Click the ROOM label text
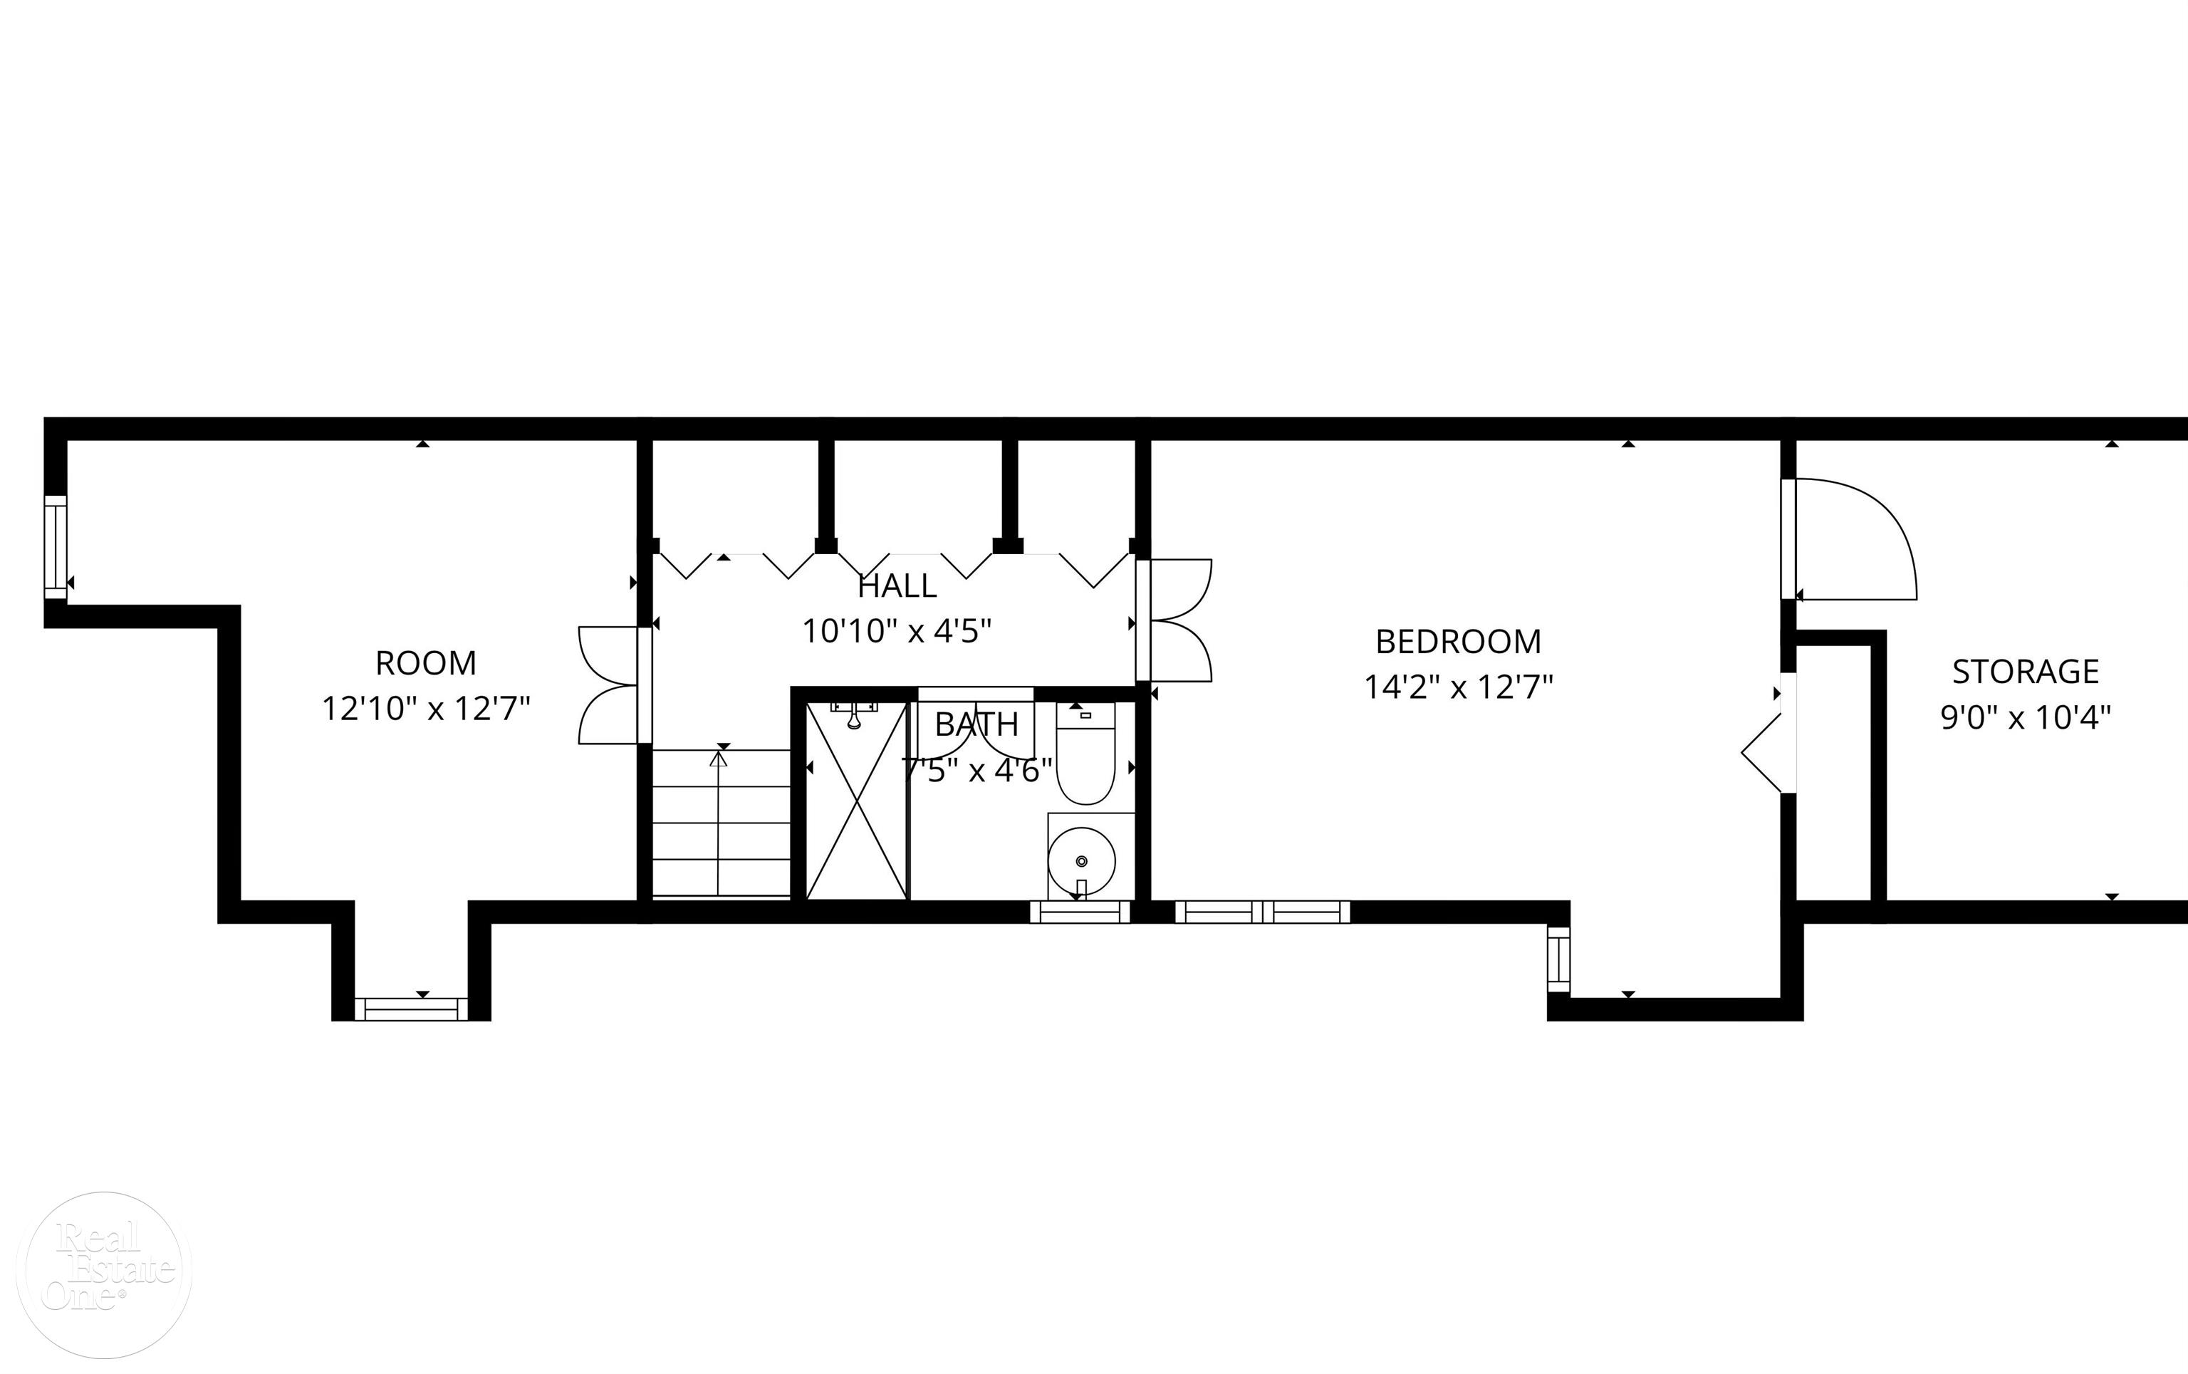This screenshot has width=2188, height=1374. [425, 663]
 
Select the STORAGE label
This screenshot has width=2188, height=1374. [2026, 672]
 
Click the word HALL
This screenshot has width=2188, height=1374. [897, 586]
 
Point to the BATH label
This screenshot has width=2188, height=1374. [976, 724]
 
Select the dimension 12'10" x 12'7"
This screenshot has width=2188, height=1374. [425, 709]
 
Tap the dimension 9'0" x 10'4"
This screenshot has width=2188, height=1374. [2026, 718]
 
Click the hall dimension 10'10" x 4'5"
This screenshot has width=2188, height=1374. [897, 630]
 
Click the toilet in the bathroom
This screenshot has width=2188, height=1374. [1085, 754]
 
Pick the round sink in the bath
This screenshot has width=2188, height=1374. [1081, 860]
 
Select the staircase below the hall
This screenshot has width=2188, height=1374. [721, 823]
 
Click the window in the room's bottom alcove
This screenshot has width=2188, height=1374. [411, 1008]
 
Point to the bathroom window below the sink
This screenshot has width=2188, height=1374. [1080, 912]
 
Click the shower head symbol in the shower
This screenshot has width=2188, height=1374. [854, 718]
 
